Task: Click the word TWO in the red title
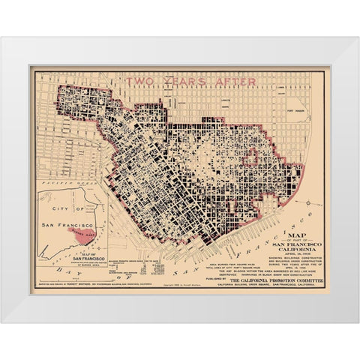click(142, 81)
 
